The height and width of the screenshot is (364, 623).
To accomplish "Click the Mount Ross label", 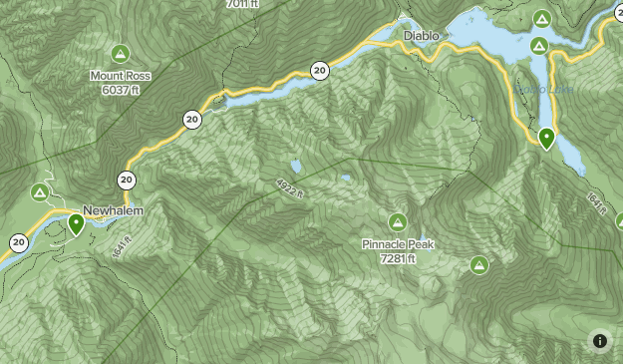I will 120,75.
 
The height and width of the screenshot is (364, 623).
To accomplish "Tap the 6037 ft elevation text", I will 120,89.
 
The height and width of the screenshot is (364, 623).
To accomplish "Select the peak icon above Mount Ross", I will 120,53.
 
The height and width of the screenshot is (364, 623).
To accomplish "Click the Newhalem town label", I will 113,211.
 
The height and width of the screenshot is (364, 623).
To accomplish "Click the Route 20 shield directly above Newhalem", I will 127,181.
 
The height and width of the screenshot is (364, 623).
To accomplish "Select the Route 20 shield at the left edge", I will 19,242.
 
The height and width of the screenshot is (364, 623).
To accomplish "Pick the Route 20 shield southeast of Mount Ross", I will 191,120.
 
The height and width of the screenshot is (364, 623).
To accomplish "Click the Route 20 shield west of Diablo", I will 319,70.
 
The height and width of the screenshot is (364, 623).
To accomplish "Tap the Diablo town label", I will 421,36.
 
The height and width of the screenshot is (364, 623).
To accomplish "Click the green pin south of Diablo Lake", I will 546,139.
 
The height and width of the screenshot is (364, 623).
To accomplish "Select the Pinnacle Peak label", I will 398,244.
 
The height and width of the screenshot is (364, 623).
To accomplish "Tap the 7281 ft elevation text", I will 398,258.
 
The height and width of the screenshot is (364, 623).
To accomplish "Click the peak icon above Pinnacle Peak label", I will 398,221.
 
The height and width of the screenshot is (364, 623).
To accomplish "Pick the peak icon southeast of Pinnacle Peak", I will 478,264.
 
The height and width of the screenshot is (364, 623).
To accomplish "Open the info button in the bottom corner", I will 600,341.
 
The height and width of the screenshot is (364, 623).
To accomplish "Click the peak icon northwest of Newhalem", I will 40,191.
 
